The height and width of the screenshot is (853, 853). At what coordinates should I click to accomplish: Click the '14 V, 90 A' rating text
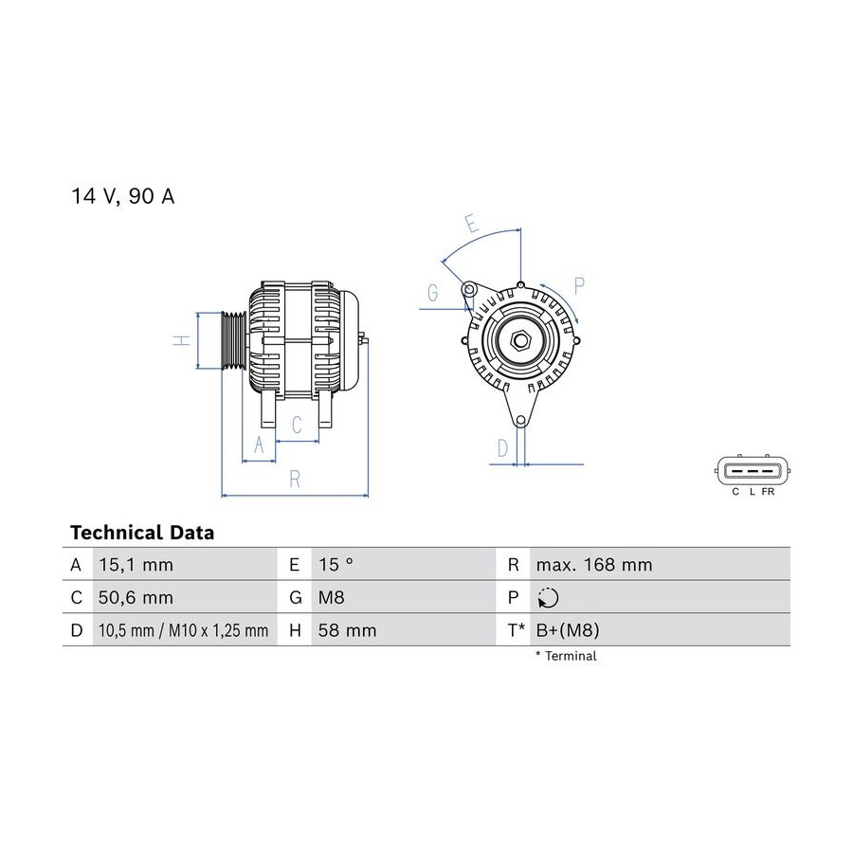coord(123,196)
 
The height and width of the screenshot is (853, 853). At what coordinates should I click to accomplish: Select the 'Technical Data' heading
coord(142,532)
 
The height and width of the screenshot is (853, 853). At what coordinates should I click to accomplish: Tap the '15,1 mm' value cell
coord(136,565)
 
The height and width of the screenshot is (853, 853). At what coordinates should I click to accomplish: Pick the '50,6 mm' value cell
coord(136,597)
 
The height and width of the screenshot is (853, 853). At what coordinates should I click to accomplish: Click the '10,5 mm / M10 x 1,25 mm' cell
coord(184,630)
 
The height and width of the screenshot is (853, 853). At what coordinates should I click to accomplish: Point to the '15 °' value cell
coord(336,565)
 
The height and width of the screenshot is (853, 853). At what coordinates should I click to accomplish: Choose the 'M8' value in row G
coord(332,597)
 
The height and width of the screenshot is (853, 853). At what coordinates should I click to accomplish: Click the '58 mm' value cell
coord(348,630)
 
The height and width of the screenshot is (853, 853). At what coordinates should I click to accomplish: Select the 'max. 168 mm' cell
coord(594,565)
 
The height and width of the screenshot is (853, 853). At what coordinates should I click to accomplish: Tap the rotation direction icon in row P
coord(548,597)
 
